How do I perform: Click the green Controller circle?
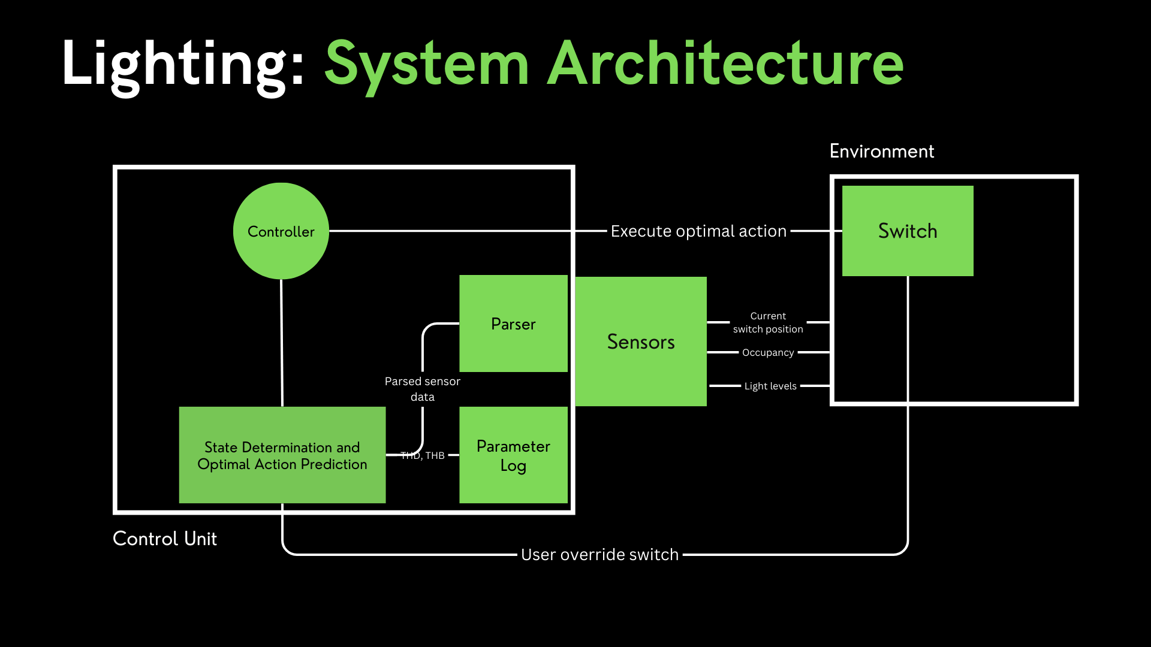[x=281, y=231]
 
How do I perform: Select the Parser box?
[x=513, y=323]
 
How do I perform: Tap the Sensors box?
[x=640, y=341]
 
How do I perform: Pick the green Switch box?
[x=907, y=231]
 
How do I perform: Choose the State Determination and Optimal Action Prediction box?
[x=282, y=455]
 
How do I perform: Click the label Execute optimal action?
[x=698, y=231]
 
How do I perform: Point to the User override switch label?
[x=599, y=555]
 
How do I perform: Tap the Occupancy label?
[x=767, y=353]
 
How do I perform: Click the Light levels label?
[x=770, y=386]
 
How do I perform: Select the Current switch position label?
[x=768, y=322]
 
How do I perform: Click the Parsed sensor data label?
[x=423, y=389]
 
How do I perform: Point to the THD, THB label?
[x=423, y=456]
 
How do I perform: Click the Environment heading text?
[x=881, y=152]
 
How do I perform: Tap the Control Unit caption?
[x=165, y=539]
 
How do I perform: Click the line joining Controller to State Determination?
[x=282, y=341]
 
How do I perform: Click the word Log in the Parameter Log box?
[x=513, y=466]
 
